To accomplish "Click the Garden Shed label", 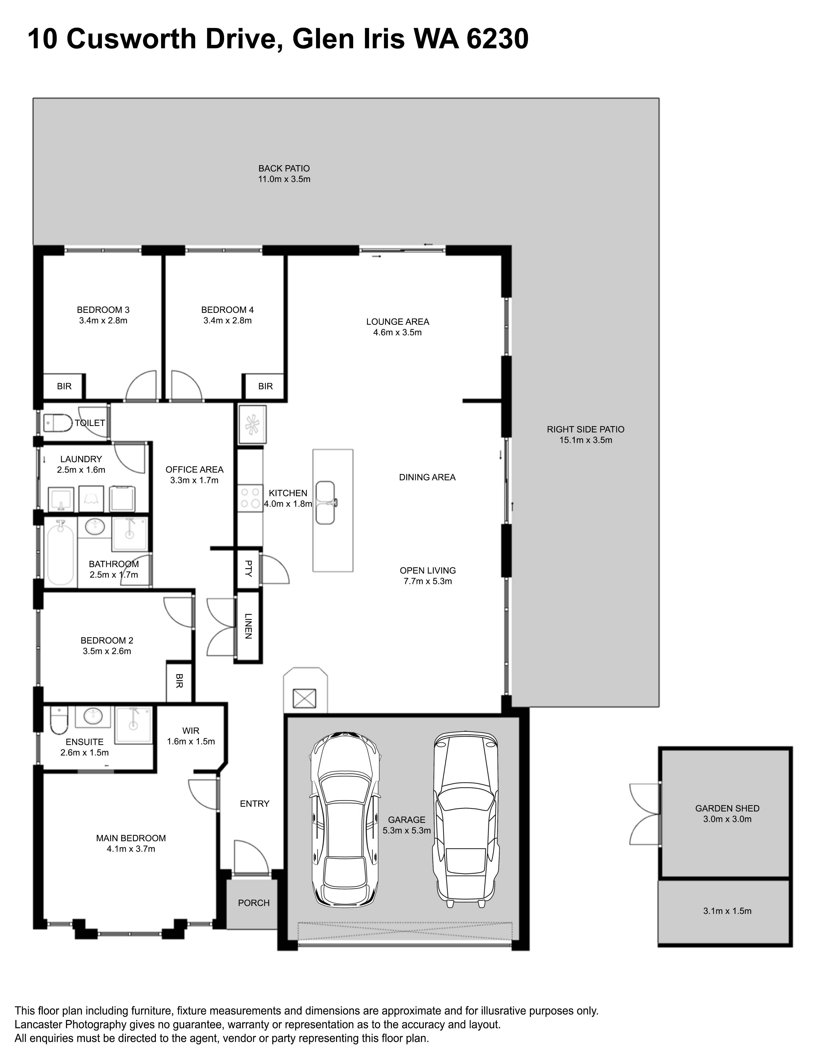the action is [x=727, y=808].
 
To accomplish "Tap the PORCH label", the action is [x=254, y=903].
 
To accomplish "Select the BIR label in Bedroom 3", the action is [x=64, y=386].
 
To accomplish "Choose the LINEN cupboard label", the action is [x=248, y=626].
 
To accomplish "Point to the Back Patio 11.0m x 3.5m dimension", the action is [x=284, y=179].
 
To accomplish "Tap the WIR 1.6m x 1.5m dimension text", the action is [x=191, y=741].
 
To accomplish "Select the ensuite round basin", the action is [x=93, y=716].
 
